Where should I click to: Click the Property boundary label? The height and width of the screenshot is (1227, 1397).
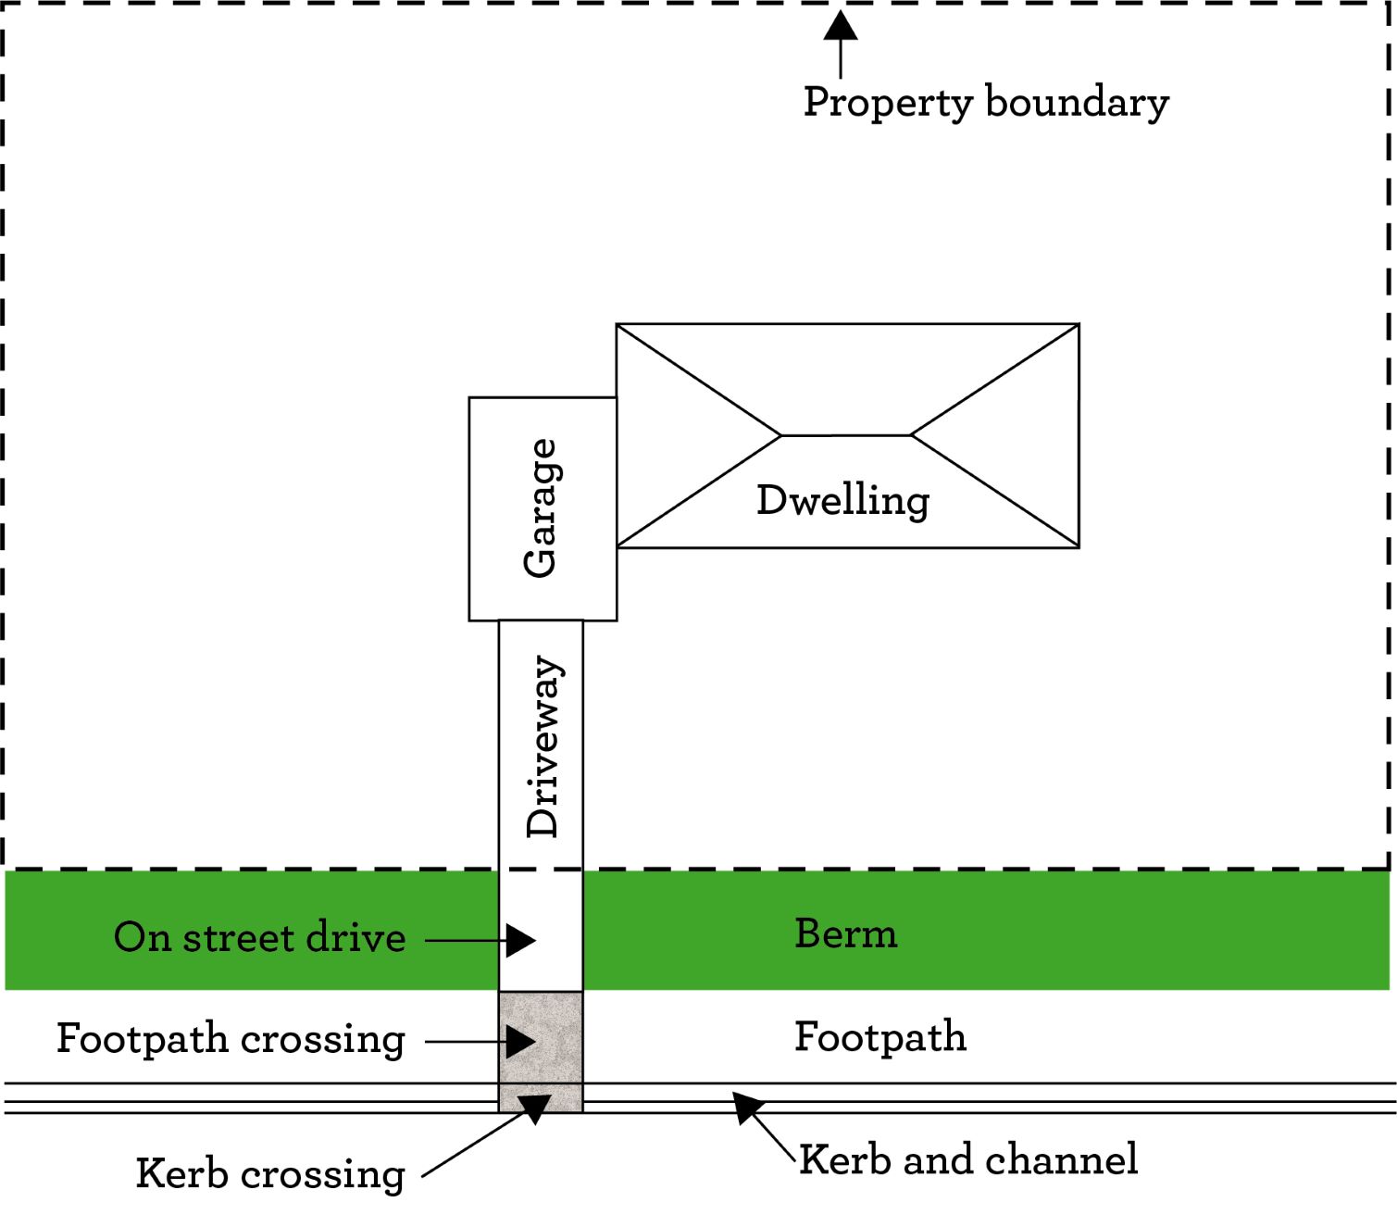[985, 102]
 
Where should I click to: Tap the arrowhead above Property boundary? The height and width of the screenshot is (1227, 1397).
[841, 26]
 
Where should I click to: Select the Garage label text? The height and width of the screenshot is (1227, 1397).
[541, 508]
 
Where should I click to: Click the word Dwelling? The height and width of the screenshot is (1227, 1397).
[842, 500]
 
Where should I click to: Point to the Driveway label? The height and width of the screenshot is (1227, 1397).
[543, 746]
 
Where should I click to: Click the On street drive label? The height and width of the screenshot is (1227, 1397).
[259, 937]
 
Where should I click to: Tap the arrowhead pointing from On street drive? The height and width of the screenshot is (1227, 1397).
[519, 941]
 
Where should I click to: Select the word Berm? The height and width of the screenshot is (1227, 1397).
[846, 933]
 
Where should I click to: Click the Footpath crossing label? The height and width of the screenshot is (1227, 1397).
[231, 1038]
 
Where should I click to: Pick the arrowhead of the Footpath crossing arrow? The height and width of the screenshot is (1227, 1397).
[519, 1042]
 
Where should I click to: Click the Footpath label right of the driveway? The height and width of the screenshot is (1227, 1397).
[880, 1037]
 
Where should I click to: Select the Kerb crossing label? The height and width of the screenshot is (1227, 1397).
[270, 1174]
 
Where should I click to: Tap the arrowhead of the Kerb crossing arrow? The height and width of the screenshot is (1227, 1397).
[534, 1107]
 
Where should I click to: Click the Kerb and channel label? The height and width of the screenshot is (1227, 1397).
[968, 1159]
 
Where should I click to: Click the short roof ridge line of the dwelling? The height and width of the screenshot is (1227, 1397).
[846, 434]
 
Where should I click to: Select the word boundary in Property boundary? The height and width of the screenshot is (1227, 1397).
[1077, 102]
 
